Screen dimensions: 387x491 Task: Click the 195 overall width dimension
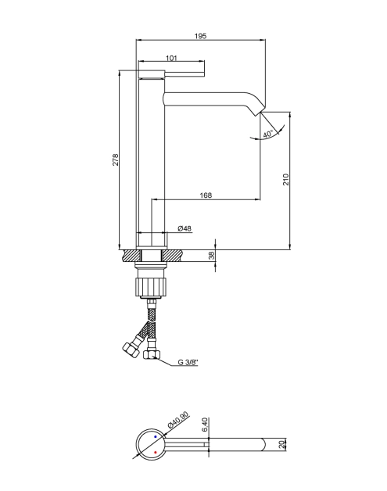coord(200,36)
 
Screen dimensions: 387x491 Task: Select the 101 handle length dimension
coord(171,58)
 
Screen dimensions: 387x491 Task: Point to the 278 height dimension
coord(116,159)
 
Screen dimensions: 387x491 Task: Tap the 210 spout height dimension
coord(286,179)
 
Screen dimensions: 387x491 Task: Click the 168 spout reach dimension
coord(206,195)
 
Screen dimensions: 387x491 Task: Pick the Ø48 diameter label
coord(185,228)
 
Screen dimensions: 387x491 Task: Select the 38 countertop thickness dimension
coord(212,256)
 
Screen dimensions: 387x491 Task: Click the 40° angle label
coord(268,134)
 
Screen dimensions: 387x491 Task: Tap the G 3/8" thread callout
coord(188,362)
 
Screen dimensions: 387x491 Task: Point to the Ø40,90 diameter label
coord(178,420)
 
